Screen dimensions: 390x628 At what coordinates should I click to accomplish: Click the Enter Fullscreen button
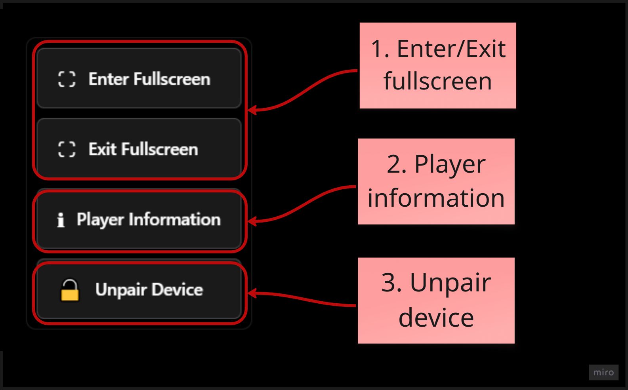tap(139, 78)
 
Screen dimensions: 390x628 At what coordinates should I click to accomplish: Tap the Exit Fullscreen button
tap(139, 149)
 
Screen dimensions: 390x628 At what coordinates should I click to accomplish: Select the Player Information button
tap(139, 220)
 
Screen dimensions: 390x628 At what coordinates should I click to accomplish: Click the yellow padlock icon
tap(69, 291)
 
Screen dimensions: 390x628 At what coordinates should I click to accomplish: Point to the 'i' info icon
tap(61, 220)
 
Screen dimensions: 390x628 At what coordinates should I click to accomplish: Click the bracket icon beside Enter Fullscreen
tap(67, 79)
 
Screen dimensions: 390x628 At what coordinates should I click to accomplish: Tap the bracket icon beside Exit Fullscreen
tap(67, 149)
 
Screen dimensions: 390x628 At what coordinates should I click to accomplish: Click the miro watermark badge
tap(603, 372)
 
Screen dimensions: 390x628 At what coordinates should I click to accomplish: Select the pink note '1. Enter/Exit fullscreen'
tap(437, 65)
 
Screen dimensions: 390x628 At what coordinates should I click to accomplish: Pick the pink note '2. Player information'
tap(436, 181)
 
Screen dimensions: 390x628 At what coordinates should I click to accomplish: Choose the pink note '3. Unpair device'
tap(436, 300)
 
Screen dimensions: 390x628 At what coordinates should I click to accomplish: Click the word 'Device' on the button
tap(177, 290)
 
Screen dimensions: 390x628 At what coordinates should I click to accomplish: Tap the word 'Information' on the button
tap(174, 219)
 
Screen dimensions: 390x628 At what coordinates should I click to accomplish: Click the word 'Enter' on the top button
tap(108, 79)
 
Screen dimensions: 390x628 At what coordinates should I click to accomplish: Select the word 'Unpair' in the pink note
tap(450, 283)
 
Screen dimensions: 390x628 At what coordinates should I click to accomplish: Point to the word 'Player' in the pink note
tap(450, 164)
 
